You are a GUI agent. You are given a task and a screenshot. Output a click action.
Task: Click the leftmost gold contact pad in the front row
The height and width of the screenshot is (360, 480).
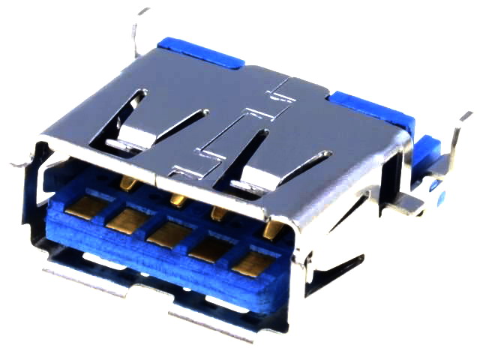pyautogui.click(x=81, y=207)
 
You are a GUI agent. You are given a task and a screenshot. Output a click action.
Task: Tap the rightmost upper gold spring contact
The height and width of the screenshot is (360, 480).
pyautogui.click(x=274, y=228)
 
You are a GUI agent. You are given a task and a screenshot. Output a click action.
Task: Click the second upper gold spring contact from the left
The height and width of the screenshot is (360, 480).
pyautogui.click(x=178, y=199)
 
